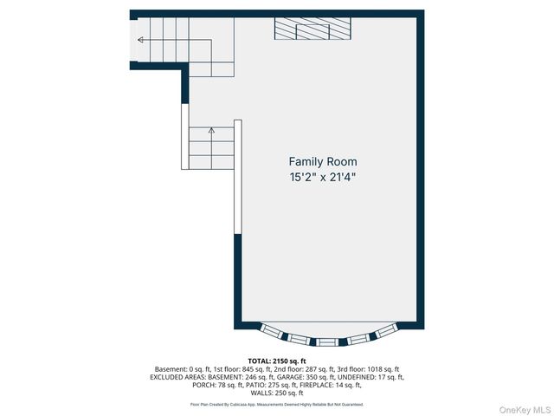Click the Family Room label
322,162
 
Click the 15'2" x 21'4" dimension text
322,178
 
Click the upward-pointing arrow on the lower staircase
211,132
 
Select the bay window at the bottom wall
329,336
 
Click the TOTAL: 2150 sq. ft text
277,361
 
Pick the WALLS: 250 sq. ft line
277,393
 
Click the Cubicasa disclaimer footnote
277,404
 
